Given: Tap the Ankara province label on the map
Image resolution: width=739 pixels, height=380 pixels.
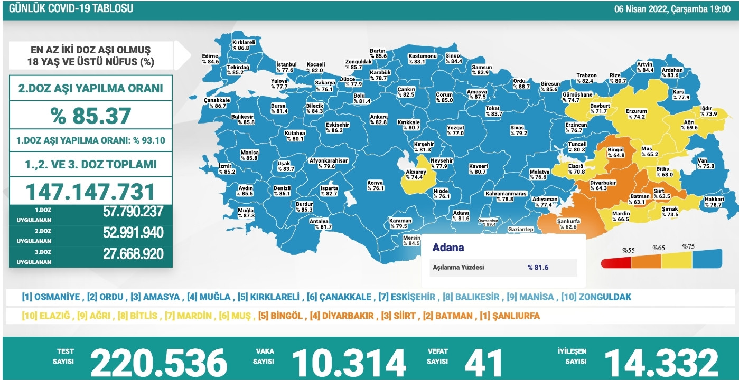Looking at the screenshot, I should (378, 119).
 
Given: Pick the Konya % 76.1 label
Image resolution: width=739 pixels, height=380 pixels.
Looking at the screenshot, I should (375, 185).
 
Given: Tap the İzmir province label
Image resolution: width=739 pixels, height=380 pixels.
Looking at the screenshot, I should (227, 168).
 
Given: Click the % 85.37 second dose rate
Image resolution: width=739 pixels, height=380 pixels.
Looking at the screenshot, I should (91, 115).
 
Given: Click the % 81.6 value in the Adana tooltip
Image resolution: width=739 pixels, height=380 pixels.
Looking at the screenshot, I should (538, 268).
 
